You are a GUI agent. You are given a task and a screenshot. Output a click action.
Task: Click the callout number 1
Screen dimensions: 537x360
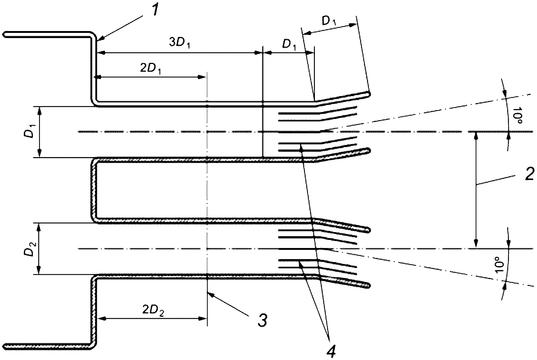pyautogui.click(x=155, y=10)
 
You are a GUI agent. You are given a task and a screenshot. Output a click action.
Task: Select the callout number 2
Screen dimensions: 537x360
pyautogui.click(x=529, y=174)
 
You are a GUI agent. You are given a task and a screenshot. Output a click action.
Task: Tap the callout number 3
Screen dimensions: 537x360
pyautogui.click(x=262, y=320)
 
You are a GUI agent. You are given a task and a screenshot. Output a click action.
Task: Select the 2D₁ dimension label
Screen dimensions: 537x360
pyautogui.click(x=150, y=69)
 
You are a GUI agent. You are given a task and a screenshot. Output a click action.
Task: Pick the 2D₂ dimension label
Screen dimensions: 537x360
pyautogui.click(x=153, y=310)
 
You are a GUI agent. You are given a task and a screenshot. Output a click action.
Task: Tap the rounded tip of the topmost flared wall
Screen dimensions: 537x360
pyautogui.click(x=369, y=94)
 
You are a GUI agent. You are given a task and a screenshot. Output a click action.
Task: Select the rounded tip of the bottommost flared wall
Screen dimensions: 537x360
pyautogui.click(x=369, y=285)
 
